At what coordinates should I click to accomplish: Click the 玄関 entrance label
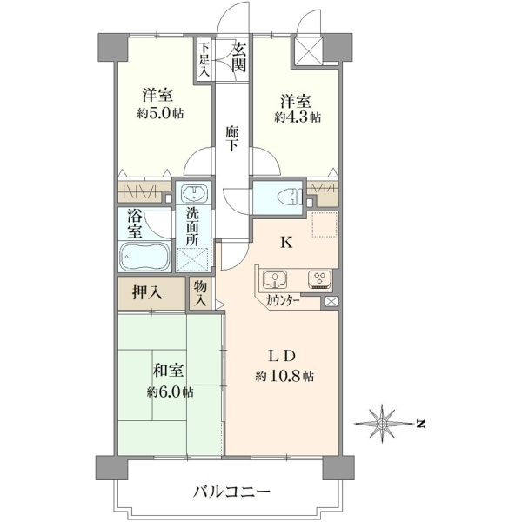point(239,57)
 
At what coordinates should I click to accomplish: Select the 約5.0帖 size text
point(160,114)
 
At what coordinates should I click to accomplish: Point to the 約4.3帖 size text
point(298,117)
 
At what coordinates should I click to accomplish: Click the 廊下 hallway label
point(231,139)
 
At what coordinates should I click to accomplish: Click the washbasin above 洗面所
point(194,193)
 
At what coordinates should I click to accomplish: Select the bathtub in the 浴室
point(144,256)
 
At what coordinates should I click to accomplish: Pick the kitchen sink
point(275,279)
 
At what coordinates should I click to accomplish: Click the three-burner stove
point(319,279)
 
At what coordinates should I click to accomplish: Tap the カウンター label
point(283,301)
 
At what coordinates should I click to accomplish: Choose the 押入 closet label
point(147,293)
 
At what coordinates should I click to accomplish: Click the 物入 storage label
point(201,293)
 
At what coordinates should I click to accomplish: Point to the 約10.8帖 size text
point(284,376)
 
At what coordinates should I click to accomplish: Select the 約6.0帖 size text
point(171,392)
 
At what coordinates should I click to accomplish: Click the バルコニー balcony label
point(231,492)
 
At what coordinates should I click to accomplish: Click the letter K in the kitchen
point(286,243)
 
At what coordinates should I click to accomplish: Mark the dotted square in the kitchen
point(325,224)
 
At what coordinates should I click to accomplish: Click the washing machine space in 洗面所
point(194,258)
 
